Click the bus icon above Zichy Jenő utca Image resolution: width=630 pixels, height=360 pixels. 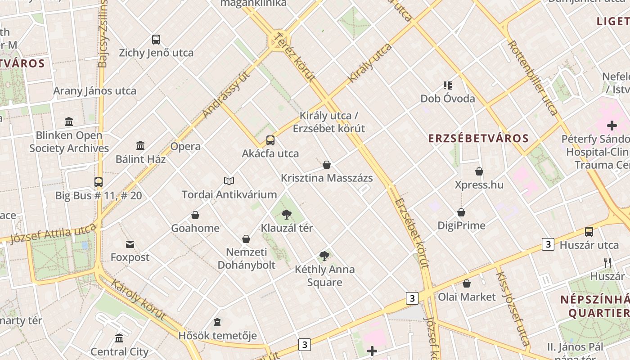[156, 40]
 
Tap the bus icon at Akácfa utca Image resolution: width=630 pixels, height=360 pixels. [270, 140]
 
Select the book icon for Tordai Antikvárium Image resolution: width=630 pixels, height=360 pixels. [229, 181]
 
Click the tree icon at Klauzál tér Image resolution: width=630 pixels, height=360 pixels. [286, 215]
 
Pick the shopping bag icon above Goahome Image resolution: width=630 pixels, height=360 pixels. [195, 215]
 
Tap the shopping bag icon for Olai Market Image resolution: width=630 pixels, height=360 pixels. [467, 283]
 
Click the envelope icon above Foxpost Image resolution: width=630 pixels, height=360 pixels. [130, 244]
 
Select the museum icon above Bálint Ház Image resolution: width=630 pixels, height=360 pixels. [140, 146]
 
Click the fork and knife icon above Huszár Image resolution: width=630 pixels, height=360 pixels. [607, 263]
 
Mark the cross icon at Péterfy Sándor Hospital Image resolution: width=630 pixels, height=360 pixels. [612, 126]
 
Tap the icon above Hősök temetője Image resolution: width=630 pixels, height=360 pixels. [217, 322]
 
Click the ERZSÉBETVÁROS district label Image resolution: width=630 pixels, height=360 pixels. [478, 138]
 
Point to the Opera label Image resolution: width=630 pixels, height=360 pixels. [185, 146]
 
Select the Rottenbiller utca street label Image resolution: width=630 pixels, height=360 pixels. [533, 77]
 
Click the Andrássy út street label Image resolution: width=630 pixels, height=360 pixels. [226, 94]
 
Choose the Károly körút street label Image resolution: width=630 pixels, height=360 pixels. [138, 299]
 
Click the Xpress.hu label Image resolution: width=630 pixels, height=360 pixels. [479, 185]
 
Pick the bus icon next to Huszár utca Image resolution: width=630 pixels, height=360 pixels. [589, 232]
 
